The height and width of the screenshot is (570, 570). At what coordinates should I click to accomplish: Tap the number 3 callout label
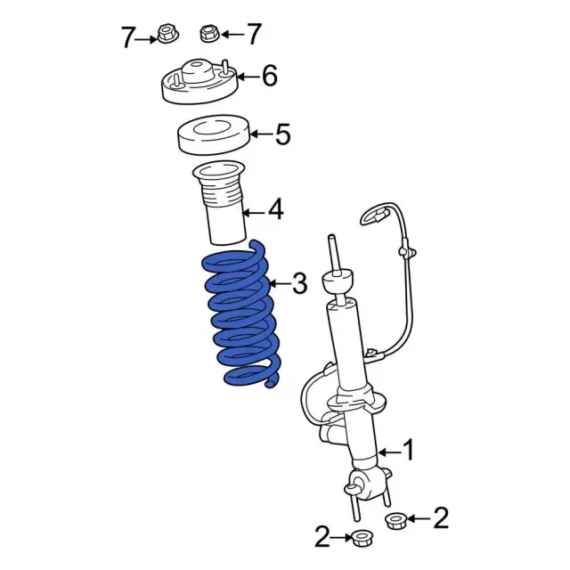tap(299, 283)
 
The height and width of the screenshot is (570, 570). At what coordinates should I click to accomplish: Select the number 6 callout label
tap(269, 76)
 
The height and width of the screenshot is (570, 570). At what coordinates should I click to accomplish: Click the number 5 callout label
tap(283, 134)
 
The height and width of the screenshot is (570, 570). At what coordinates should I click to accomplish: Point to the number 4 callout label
tap(275, 210)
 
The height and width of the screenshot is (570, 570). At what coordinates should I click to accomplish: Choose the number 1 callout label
tap(409, 450)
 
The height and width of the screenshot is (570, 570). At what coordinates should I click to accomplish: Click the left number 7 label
tap(127, 37)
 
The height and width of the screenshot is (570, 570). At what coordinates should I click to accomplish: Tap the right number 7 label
tap(253, 34)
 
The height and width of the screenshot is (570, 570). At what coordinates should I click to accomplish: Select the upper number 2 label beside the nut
tap(440, 518)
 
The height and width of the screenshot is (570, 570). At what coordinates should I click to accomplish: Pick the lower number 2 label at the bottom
tap(322, 536)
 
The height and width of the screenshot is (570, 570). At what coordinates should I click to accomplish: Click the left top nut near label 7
tap(167, 33)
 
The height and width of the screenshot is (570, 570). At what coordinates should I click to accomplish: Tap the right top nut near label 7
tap(210, 34)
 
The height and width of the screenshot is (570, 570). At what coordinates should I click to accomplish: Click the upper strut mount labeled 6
tap(199, 82)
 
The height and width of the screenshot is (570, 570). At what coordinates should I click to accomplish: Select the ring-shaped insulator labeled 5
tap(213, 135)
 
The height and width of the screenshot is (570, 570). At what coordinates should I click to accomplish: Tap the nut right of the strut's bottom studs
tap(395, 520)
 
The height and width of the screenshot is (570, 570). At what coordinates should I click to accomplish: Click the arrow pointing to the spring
tap(280, 283)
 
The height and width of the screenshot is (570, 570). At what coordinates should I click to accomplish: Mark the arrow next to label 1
tap(390, 452)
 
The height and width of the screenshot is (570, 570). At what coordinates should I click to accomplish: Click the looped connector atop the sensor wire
tap(374, 216)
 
